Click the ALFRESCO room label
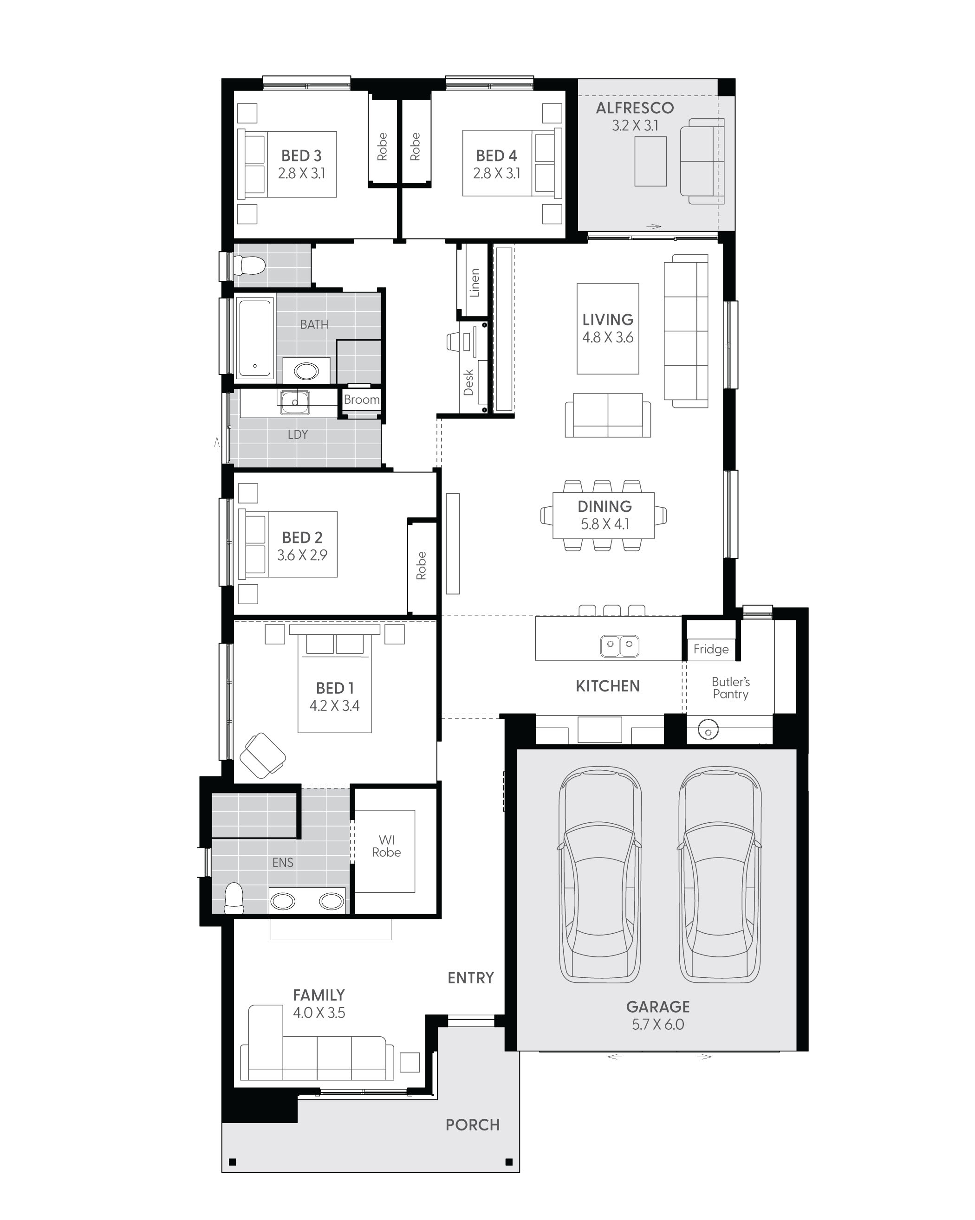pyautogui.click(x=635, y=108)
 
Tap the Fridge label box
pyautogui.click(x=711, y=649)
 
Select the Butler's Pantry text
pyautogui.click(x=731, y=688)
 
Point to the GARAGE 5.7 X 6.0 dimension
pyautogui.click(x=658, y=1024)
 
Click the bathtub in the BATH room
pyautogui.click(x=254, y=338)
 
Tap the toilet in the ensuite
pyautogui.click(x=234, y=898)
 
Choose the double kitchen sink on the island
pyautogui.click(x=619, y=646)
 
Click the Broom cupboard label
pyautogui.click(x=362, y=400)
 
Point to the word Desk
pyautogui.click(x=468, y=382)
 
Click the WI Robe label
pyautogui.click(x=387, y=846)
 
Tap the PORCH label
pyautogui.click(x=473, y=1125)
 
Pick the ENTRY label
pyautogui.click(x=470, y=978)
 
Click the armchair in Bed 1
pyautogui.click(x=263, y=755)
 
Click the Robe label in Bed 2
pyautogui.click(x=421, y=565)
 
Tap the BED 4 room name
pyautogui.click(x=497, y=155)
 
